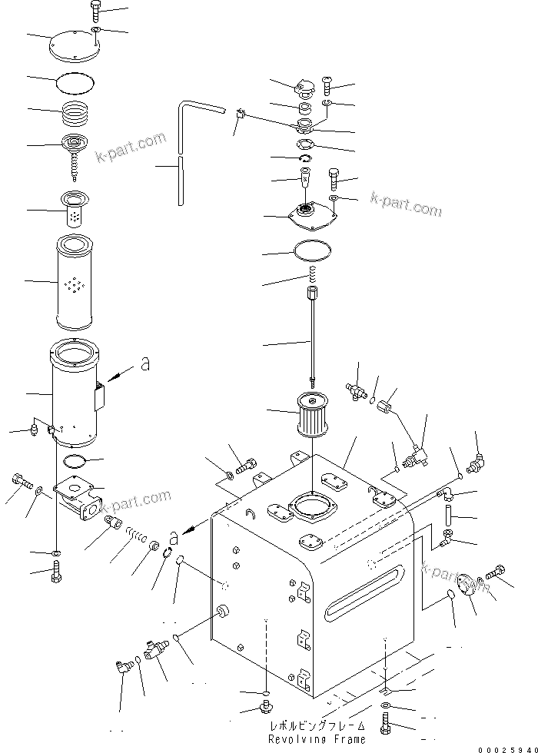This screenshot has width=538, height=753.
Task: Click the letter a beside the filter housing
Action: (144, 367)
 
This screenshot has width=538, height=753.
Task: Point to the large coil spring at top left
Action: (77, 113)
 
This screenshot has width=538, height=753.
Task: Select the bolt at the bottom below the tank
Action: (384, 722)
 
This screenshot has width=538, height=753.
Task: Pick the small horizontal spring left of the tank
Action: (136, 535)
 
